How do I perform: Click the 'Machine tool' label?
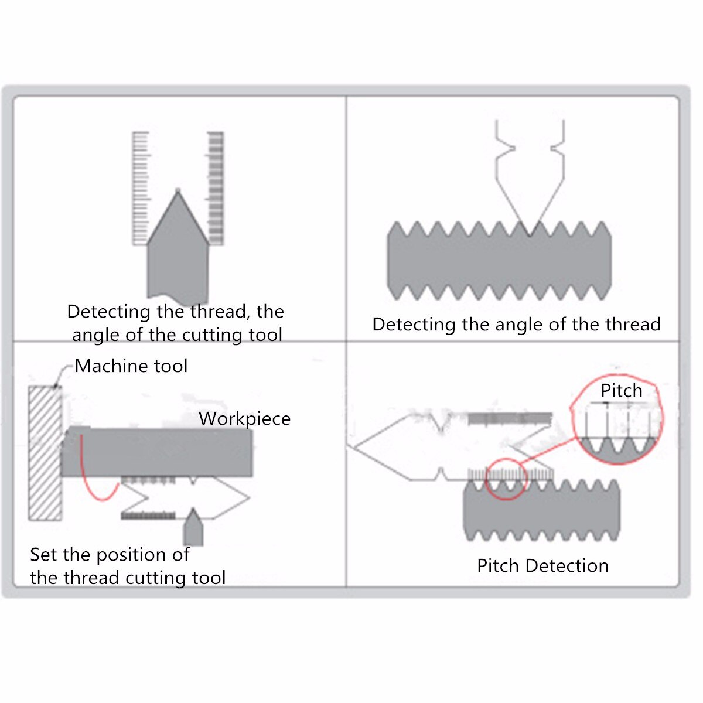(131, 366)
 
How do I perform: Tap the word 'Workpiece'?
(244, 419)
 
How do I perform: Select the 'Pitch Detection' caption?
(542, 566)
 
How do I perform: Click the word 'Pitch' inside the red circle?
(622, 391)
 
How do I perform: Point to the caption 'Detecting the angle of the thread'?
(516, 325)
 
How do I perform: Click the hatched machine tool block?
(45, 453)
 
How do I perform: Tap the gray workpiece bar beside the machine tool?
(157, 452)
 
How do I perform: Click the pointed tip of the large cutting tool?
(178, 190)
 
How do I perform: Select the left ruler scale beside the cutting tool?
(141, 188)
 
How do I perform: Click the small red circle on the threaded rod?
(506, 479)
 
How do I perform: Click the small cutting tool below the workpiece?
(193, 527)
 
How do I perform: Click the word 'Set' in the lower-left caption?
(43, 555)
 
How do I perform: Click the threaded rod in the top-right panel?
(499, 261)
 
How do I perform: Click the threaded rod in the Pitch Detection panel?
(542, 510)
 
